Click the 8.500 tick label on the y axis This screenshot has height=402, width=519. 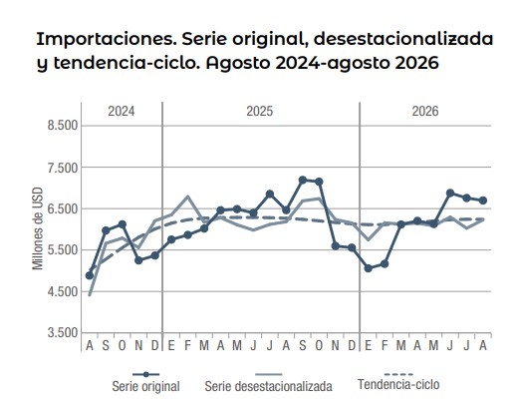[63, 126]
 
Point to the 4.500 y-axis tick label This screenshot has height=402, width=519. [63, 291]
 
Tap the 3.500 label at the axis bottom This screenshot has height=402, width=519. [63, 332]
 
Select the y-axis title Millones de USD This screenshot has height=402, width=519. [38, 228]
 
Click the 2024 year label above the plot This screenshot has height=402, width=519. [122, 111]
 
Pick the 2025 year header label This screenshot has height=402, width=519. [259, 111]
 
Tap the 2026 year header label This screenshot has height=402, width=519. [425, 111]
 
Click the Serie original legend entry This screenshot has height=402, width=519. [145, 382]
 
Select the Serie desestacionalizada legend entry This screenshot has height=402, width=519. [268, 382]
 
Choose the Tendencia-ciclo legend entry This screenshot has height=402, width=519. [398, 380]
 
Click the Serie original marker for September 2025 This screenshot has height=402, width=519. [303, 180]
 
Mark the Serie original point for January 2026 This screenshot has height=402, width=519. [368, 268]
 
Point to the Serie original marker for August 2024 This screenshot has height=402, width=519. [90, 275]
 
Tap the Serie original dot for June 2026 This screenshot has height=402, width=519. [450, 193]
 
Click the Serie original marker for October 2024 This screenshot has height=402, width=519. [122, 224]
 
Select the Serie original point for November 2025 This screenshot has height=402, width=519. [336, 246]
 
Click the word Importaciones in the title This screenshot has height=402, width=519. [107, 39]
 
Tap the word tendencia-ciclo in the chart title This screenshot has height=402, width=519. [127, 63]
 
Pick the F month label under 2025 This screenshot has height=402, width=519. [187, 346]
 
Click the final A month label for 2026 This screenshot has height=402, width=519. [483, 346]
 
